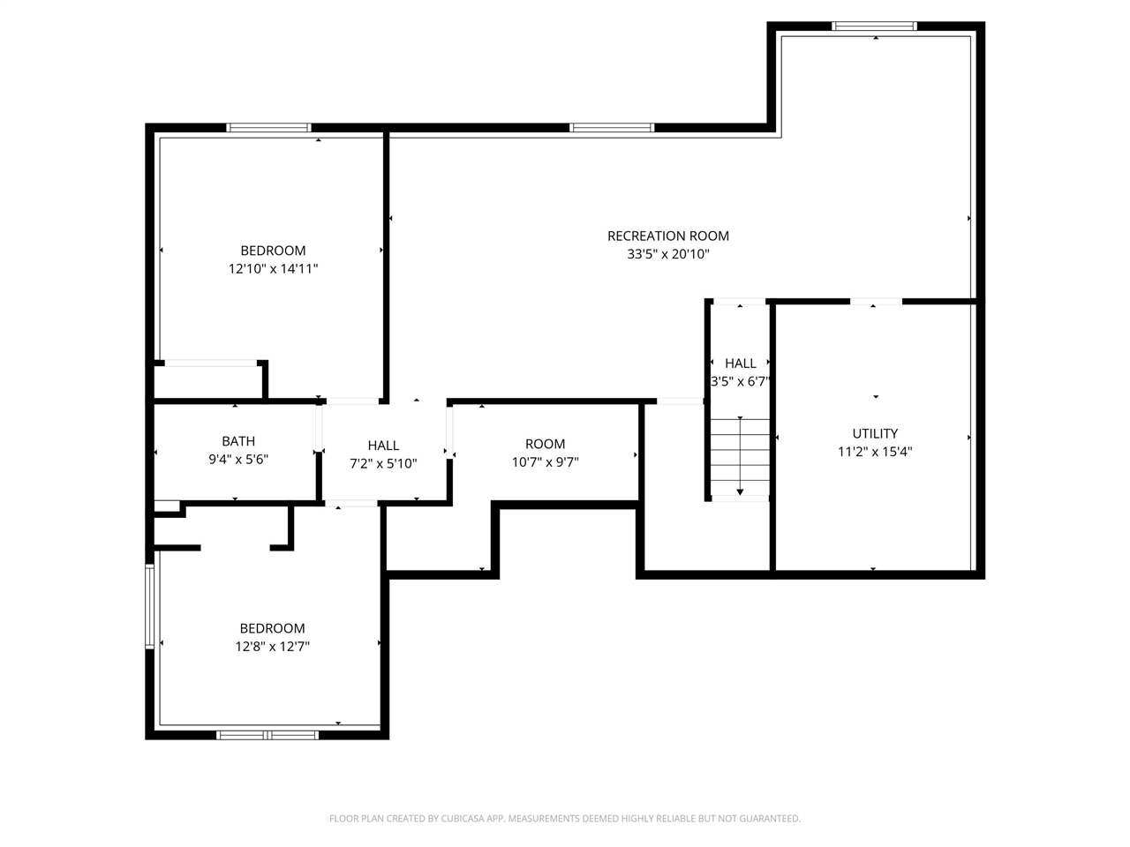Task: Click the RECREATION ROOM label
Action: [667, 236]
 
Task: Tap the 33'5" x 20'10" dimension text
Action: [667, 254]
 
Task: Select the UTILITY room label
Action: [875, 433]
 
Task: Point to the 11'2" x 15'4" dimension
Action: [875, 452]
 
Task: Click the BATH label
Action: [238, 441]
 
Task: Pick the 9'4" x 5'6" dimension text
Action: [238, 460]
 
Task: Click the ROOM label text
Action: [546, 444]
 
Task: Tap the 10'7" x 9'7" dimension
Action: [546, 461]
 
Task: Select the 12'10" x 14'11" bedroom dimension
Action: [274, 268]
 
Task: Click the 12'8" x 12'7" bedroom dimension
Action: [272, 647]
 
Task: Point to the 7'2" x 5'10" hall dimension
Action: [383, 463]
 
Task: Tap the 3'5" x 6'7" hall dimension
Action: [741, 381]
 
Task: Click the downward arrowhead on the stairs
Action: [740, 492]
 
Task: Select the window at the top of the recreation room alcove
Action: [874, 26]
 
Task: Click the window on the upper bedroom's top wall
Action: [268, 128]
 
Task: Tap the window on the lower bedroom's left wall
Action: [150, 606]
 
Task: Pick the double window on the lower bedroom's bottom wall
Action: [267, 736]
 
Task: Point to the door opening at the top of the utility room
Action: [876, 302]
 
